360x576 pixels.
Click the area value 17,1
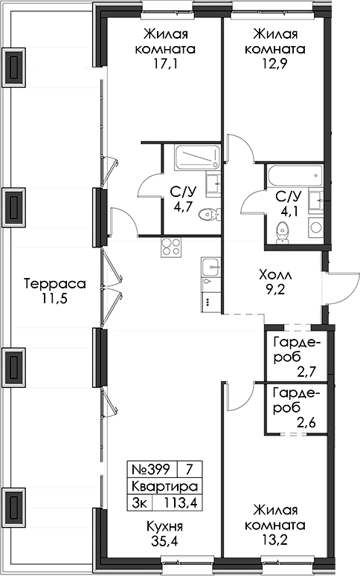[165, 64]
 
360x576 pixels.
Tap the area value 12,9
[275, 64]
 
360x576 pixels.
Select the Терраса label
[55, 284]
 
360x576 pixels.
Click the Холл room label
[275, 274]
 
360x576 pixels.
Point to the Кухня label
[164, 526]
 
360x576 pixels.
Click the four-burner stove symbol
[170, 247]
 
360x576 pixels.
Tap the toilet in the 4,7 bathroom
[210, 214]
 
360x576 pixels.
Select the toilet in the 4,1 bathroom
[282, 232]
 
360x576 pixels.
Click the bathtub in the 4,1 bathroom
[295, 176]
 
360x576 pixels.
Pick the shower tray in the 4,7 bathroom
[197, 158]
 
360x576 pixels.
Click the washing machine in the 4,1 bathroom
[316, 227]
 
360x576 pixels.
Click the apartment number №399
[151, 469]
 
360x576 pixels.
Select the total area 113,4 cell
[180, 502]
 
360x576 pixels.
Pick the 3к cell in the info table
[139, 502]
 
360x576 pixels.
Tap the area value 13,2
[275, 540]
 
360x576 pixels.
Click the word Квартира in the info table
[164, 486]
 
